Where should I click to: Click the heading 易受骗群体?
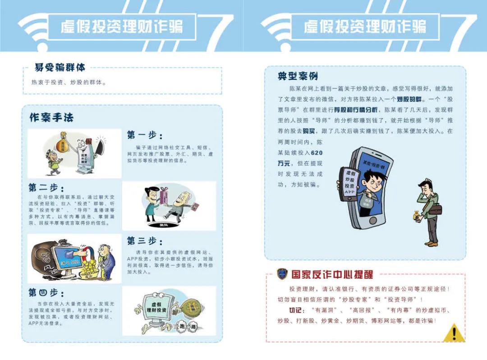(x=60, y=68)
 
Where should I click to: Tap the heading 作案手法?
(x=51, y=118)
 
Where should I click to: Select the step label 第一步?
(x=144, y=135)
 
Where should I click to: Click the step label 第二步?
(x=46, y=188)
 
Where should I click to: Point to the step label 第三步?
(x=144, y=241)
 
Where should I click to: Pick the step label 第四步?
(x=46, y=293)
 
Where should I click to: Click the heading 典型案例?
(x=298, y=76)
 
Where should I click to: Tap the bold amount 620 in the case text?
(x=317, y=153)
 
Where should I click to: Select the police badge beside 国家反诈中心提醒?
(x=282, y=274)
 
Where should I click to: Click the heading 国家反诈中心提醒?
(x=332, y=274)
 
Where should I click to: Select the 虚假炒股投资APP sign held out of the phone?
(x=350, y=182)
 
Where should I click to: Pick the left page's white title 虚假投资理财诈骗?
(x=122, y=27)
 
